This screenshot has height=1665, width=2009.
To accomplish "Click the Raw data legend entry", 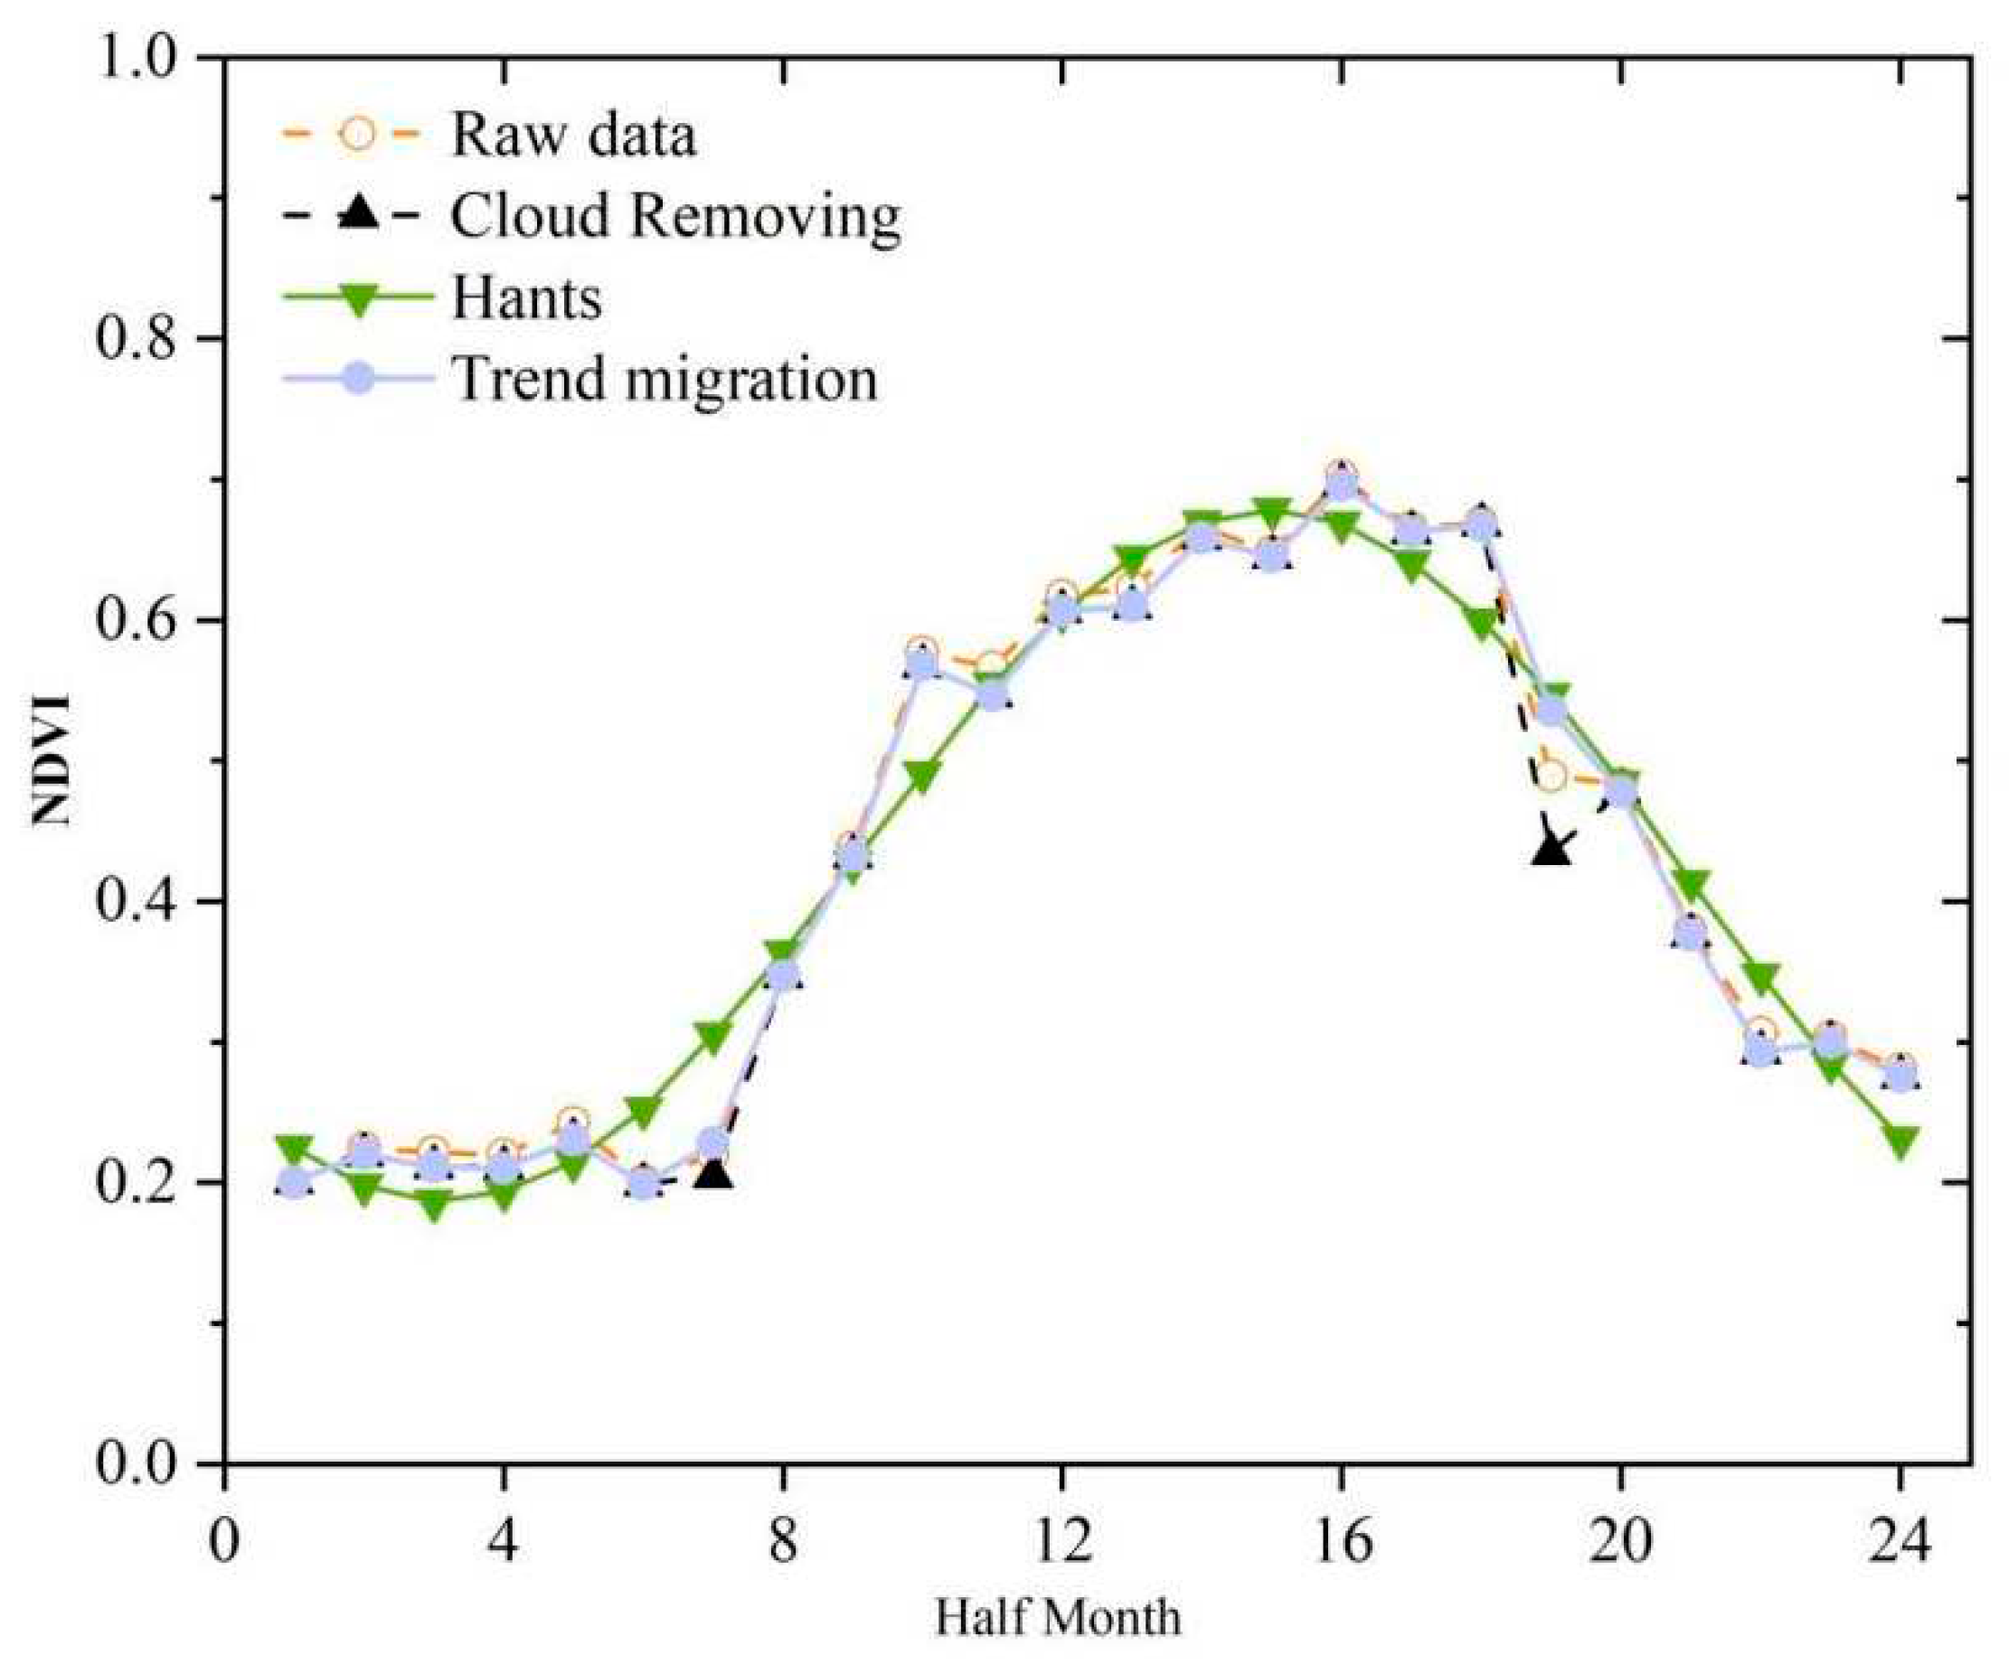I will pyautogui.click(x=572, y=134).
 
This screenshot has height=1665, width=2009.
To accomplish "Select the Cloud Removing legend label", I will pyautogui.click(x=674, y=216).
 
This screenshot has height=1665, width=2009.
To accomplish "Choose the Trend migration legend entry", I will pyautogui.click(x=664, y=379).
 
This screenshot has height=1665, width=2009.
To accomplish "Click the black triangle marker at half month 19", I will pyautogui.click(x=1551, y=847).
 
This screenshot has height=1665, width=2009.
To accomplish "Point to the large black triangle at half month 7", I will pyautogui.click(x=713, y=1172).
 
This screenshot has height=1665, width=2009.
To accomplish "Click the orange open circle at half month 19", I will pyautogui.click(x=1551, y=776).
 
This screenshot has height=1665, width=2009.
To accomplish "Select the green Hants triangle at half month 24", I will pyautogui.click(x=1901, y=1140).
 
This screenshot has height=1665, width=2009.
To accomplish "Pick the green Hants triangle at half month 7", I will pyautogui.click(x=713, y=1036).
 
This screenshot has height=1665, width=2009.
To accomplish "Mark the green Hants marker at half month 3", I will pyautogui.click(x=434, y=1206).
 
